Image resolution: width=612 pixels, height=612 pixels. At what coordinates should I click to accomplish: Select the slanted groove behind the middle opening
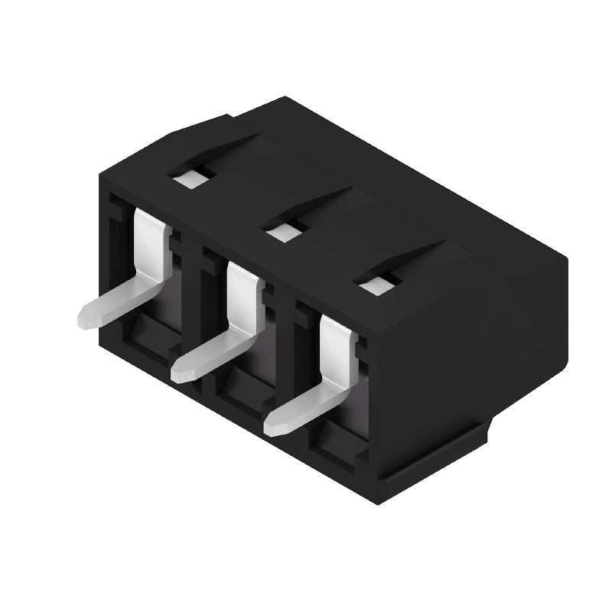321,202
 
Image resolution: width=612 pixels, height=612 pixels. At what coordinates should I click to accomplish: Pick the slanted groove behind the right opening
413,256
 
